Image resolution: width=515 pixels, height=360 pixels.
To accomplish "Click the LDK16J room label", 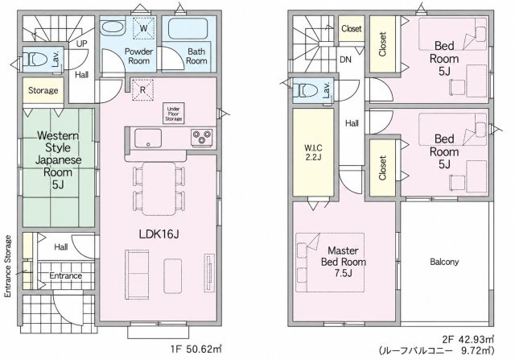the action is pos(159,234).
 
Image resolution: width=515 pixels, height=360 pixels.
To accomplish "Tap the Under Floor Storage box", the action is pos(174,114).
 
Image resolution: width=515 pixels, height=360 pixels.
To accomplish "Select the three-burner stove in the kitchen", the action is pos(202,137).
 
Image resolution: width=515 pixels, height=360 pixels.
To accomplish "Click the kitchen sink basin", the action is pos(148,139).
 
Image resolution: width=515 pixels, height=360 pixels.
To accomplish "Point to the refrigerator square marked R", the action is pos(142,89).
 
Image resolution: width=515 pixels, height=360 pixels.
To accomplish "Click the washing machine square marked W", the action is pos(143,28).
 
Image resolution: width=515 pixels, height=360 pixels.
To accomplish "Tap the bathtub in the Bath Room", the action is pos(187,29).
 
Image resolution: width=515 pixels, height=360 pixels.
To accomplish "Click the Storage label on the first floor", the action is pos(43,90).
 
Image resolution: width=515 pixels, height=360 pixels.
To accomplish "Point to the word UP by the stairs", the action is pos(82,43).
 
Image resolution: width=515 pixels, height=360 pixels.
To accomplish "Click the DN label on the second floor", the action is pos(345,60).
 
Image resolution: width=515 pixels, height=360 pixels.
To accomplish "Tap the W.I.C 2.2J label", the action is pos(313,152).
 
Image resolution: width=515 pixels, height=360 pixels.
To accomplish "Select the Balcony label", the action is pos(444,262).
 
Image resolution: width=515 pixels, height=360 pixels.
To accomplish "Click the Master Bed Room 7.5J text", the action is pos(344,262).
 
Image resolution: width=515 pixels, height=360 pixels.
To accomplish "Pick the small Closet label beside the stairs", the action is pos(352,29).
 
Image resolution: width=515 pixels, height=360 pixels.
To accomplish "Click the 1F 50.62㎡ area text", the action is pos(196,349).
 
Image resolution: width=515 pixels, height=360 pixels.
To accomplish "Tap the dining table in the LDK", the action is pos(159,188).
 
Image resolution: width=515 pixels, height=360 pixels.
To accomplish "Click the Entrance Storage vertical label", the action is pos(8,267).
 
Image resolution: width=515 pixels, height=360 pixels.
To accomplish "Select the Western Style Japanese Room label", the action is pos(58,160).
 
